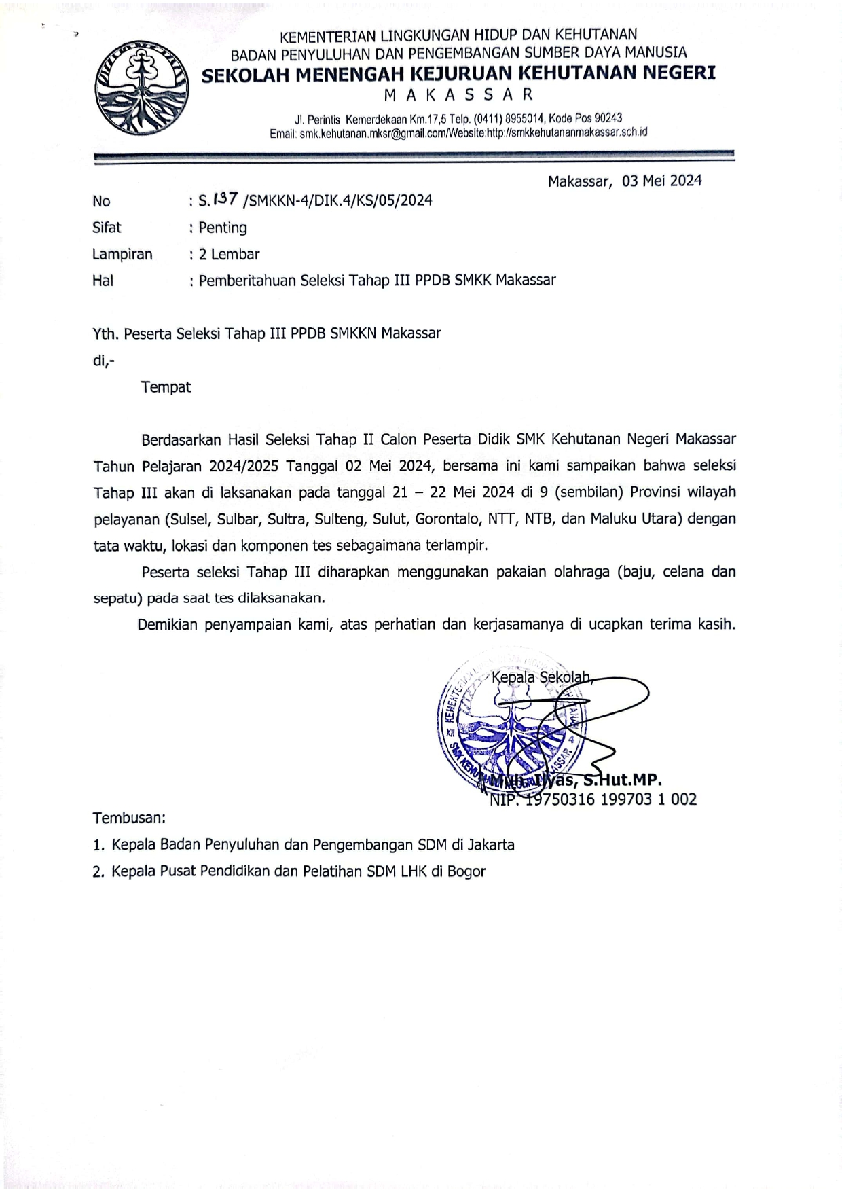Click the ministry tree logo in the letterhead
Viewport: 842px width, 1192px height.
[142, 87]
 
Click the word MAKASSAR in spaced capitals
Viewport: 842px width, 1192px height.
[459, 94]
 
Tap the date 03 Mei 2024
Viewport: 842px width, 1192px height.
[661, 181]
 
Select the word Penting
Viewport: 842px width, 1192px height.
[223, 228]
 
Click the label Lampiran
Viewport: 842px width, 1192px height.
[122, 254]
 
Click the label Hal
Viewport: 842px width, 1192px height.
[103, 281]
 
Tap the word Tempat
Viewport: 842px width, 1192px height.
[166, 387]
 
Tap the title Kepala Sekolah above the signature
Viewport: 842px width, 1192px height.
[541, 677]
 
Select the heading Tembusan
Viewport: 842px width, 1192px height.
[129, 818]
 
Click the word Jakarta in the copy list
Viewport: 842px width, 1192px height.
[490, 845]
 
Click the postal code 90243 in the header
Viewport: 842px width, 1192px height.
[604, 118]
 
